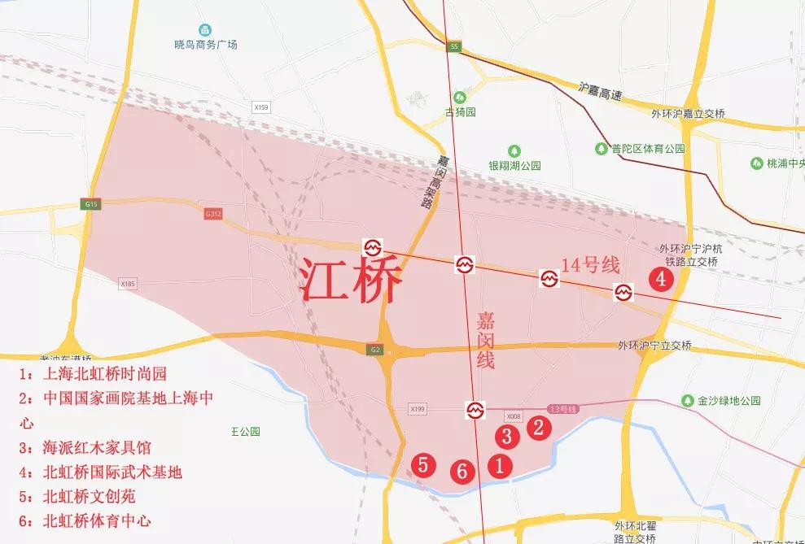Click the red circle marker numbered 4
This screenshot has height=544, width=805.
[661, 279]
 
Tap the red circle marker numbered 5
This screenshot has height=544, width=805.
[422, 464]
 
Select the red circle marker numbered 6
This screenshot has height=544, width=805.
[462, 470]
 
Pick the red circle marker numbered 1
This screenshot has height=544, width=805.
[499, 465]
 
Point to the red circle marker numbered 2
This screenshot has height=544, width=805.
[537, 428]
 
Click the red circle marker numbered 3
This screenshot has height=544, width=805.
[506, 436]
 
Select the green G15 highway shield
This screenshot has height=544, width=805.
[90, 205]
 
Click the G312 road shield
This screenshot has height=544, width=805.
[213, 214]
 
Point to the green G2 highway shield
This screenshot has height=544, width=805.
[375, 350]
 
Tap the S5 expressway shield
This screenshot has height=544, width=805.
[454, 47]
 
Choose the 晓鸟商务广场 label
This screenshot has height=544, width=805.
[206, 45]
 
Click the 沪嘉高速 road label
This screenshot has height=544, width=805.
[599, 91]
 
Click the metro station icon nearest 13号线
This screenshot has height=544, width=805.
[475, 408]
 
